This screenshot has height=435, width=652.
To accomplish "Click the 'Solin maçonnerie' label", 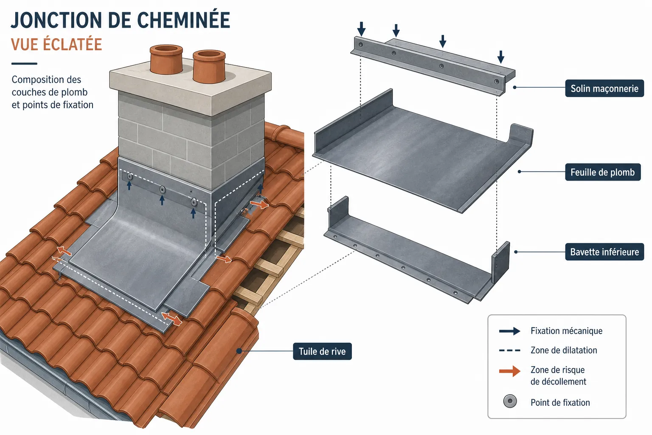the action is [x=604, y=88].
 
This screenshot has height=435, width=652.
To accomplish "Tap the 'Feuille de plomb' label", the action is [x=602, y=172].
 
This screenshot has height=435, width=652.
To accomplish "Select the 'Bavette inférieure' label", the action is [x=604, y=252].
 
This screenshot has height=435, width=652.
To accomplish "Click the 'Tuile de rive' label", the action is [x=322, y=351].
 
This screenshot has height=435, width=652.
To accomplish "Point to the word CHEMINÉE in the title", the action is [x=183, y=20].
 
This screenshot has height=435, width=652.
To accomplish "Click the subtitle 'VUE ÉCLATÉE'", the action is [x=56, y=45].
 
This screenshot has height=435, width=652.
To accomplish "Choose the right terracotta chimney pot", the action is [x=209, y=66].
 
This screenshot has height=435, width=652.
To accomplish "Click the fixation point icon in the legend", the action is [x=510, y=401].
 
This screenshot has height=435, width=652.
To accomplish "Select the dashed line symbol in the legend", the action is [x=510, y=350].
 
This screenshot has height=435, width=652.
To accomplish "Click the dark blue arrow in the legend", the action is [x=510, y=331].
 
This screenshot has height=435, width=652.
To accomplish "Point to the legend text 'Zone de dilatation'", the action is [x=564, y=350].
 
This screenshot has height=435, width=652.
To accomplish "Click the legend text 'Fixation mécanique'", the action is [x=566, y=331].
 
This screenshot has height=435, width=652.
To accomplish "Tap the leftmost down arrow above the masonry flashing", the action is [x=362, y=29].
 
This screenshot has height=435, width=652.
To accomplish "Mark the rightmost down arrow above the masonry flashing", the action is [x=500, y=57].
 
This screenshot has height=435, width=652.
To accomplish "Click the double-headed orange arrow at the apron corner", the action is [x=172, y=319].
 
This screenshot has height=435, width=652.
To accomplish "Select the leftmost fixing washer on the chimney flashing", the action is [x=130, y=177].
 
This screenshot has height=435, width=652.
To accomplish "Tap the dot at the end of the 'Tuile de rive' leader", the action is [x=239, y=351].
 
